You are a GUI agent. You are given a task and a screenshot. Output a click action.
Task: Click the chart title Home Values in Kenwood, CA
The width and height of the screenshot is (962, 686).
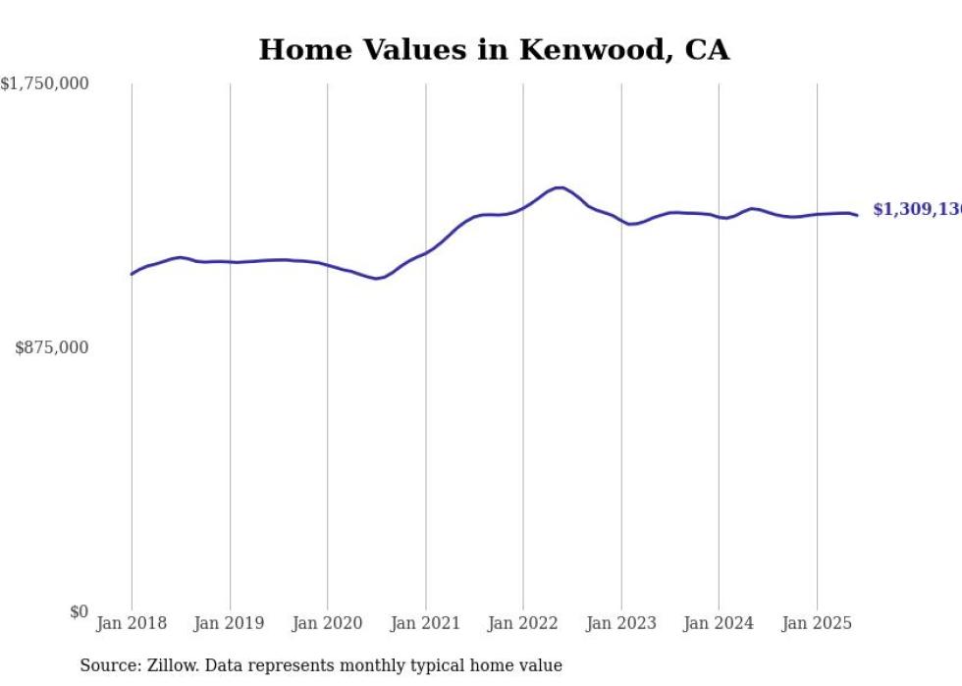coord(494,49)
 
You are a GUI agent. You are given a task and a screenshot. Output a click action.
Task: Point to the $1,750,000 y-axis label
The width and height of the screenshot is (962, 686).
coord(44,84)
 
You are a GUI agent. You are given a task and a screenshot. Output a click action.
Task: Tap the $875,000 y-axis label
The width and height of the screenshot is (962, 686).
coord(51,347)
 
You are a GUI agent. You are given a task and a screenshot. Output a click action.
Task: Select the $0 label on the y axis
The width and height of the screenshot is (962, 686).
coord(79,611)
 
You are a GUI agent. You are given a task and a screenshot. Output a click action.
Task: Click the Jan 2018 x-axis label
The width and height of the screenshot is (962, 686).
coord(132,623)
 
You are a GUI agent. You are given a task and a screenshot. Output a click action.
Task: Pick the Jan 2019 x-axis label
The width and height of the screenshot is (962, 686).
coord(230,623)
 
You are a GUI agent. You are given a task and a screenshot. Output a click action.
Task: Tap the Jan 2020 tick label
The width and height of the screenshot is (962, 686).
coord(328,623)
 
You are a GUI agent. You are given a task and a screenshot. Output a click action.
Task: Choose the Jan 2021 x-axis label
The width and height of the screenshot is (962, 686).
coord(425,623)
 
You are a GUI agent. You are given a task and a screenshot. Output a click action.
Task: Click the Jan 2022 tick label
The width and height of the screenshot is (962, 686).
coord(523,623)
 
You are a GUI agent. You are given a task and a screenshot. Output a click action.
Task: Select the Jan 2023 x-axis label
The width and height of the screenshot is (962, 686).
coord(620,623)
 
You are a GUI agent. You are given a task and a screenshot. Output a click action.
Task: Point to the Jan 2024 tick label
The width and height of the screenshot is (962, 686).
coord(719,623)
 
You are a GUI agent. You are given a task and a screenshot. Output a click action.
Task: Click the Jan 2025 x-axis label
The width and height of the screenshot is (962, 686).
coord(817,623)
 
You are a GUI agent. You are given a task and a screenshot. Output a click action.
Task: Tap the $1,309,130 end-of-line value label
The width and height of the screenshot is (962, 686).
coord(917,210)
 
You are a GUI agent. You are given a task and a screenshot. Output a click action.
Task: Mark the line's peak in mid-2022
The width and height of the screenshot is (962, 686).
coord(560,187)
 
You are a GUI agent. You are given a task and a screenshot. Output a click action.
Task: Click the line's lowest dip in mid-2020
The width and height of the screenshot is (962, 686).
coord(376,279)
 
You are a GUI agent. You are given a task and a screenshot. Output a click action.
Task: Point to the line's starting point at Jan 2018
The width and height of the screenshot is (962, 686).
coord(132,274)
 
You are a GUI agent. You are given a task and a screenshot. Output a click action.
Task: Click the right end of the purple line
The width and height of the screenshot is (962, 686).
coord(857,215)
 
